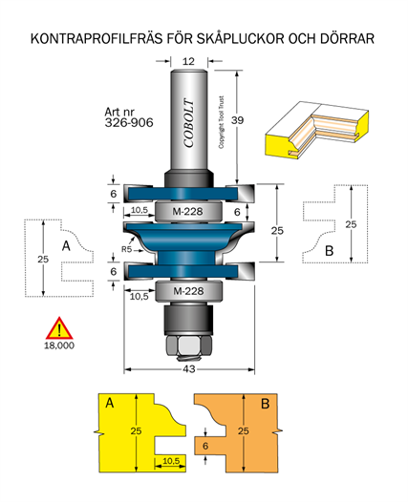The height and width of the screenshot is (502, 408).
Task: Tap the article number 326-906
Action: pyautogui.click(x=129, y=122)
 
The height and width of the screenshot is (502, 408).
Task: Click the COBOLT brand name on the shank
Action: pyautogui.click(x=189, y=123)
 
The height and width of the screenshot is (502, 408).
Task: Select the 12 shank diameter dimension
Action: pyautogui.click(x=188, y=61)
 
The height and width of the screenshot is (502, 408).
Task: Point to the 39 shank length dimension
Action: pyautogui.click(x=238, y=120)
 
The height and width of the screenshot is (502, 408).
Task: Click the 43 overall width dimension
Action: pyautogui.click(x=189, y=369)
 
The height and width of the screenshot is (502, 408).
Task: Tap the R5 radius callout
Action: pyautogui.click(x=127, y=249)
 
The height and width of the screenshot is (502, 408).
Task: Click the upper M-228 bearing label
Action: pyautogui.click(x=187, y=211)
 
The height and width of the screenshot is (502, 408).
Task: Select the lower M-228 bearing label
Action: pyautogui.click(x=188, y=291)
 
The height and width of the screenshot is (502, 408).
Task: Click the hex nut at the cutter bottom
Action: pyautogui.click(x=189, y=345)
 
